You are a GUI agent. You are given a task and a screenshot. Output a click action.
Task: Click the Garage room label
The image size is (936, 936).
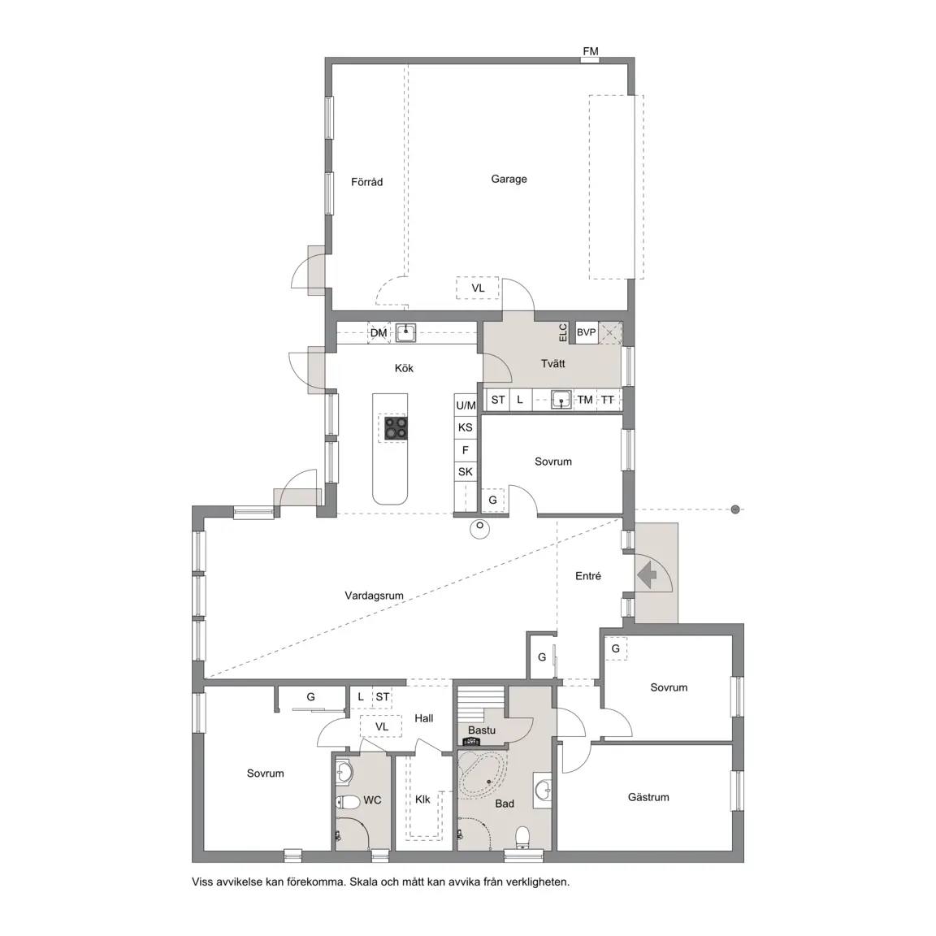coord(509,179)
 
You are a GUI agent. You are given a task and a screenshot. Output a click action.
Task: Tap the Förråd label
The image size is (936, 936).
coord(366,182)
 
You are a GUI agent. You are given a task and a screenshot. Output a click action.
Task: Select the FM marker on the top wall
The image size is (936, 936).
coord(591,51)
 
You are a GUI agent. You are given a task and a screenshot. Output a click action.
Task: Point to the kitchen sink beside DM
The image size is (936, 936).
coord(406,333)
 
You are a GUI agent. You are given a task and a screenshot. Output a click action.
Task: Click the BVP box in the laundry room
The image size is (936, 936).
coord(586,332)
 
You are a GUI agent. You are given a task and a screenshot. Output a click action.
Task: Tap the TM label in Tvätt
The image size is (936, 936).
coord(585,400)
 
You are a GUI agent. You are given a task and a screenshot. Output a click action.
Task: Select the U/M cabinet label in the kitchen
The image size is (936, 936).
coord(466,406)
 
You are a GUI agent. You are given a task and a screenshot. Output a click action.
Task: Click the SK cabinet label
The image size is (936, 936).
coord(465,472)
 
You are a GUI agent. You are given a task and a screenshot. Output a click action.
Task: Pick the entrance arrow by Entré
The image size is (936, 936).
coord(647,576)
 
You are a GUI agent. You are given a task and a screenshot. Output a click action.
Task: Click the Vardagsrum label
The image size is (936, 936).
coord(374,596)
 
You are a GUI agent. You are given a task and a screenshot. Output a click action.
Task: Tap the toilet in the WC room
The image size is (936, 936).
coord(346,801)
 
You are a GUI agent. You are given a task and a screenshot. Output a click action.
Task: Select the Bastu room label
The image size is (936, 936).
coord(482,730)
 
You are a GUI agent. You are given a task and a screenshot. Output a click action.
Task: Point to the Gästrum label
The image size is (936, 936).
coord(648,797)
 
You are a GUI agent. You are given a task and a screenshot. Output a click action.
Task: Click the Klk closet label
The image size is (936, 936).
coord(422,799)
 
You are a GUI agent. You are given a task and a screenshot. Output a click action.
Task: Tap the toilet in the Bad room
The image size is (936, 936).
coord(523,836)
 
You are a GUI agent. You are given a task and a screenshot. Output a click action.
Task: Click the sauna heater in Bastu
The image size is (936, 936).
coord(471,741)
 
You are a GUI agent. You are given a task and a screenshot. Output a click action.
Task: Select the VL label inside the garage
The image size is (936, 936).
coord(478,288)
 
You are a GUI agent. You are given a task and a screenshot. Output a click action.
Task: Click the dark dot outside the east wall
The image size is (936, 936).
coord(735,509)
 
